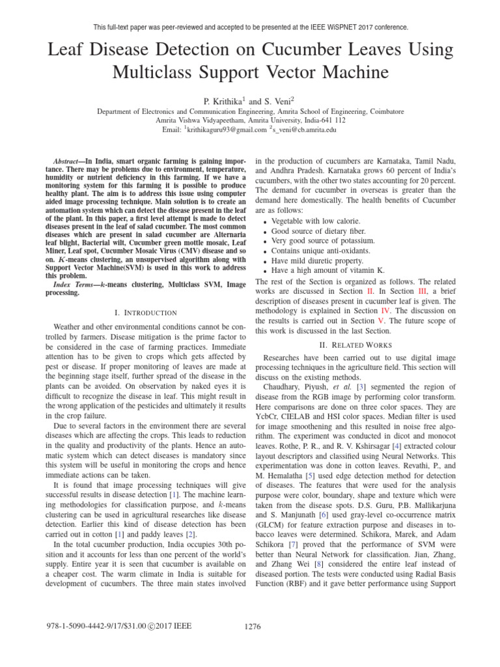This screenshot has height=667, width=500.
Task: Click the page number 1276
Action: [x=253, y=627]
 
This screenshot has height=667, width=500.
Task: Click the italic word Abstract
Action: [x=66, y=160]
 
